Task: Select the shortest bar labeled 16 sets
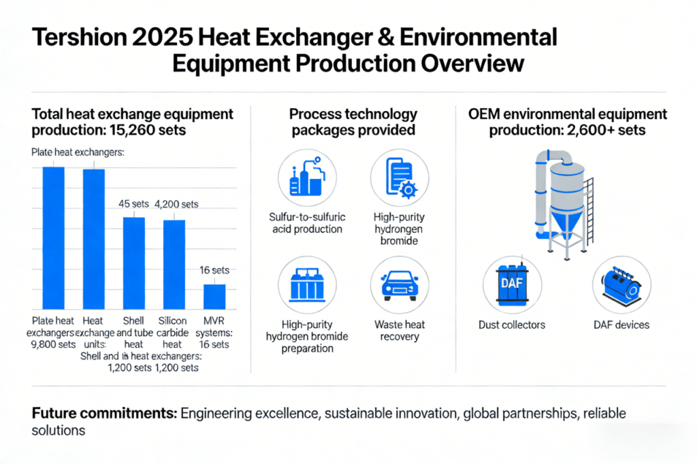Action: pyautogui.click(x=214, y=295)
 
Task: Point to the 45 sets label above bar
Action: pyautogui.click(x=134, y=203)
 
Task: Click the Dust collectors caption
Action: pyautogui.click(x=512, y=325)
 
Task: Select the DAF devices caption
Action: pyautogui.click(x=621, y=325)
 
